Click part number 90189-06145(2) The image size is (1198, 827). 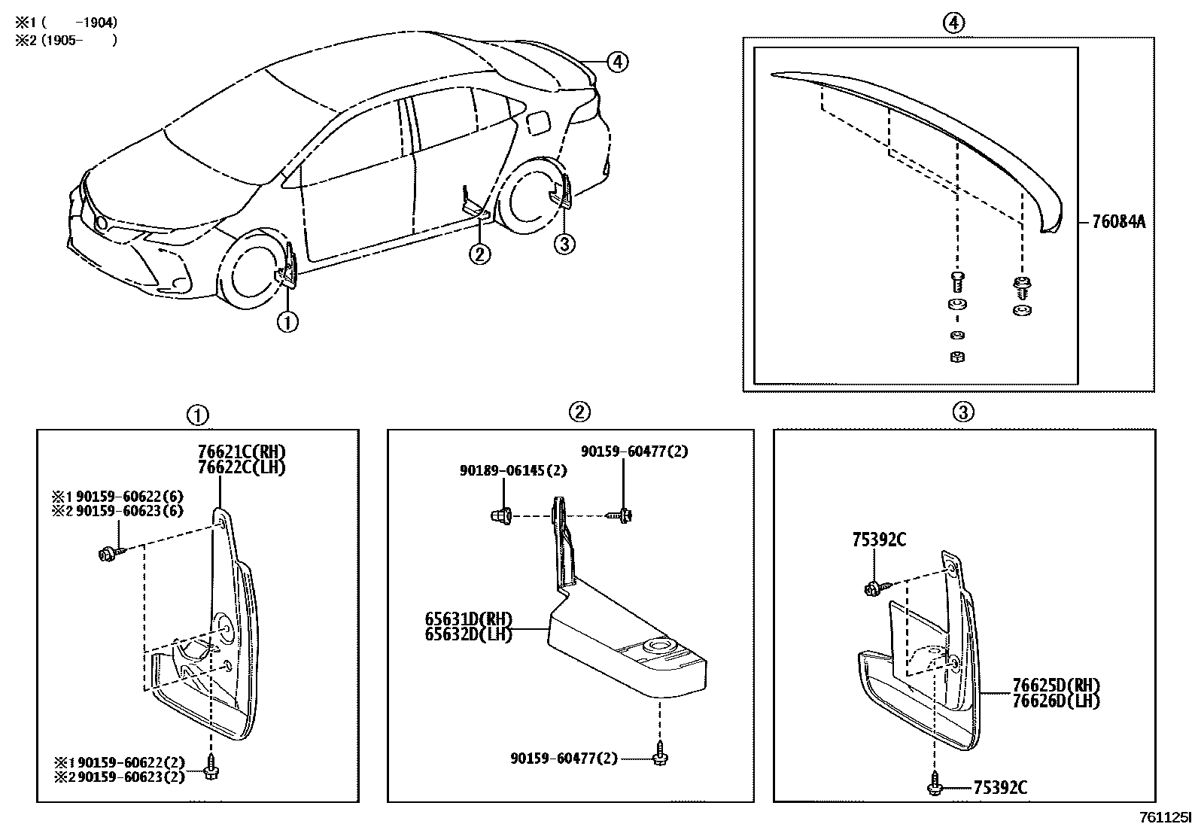tap(513, 470)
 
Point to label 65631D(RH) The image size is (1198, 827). tap(468, 620)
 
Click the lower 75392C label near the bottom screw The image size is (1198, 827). tap(1000, 788)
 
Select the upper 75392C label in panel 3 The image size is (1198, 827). tap(879, 540)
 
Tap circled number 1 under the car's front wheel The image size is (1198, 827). tap(288, 322)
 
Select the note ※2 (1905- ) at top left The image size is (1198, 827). tap(66, 41)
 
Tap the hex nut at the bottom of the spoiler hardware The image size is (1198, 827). tap(958, 357)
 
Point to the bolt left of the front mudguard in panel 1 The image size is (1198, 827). tap(106, 555)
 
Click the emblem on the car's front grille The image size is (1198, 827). tap(100, 222)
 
